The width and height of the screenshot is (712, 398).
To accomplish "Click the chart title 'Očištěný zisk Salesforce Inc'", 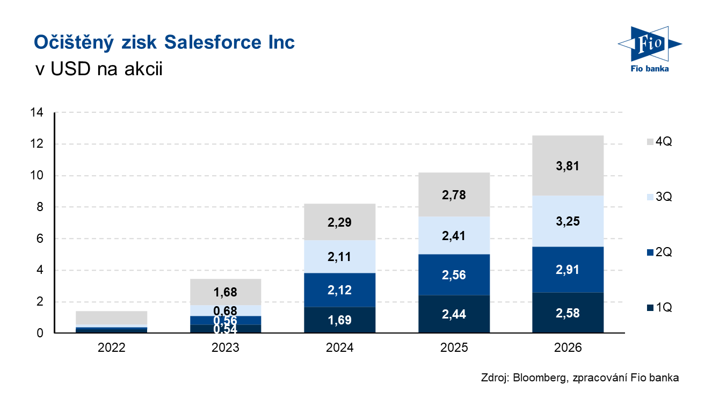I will pos(164,42).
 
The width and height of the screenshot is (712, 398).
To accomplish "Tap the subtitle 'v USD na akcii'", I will pos(98,70).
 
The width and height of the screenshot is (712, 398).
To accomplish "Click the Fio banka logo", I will pos(649,49).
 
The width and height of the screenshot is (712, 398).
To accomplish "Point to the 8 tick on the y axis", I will pos(40,207).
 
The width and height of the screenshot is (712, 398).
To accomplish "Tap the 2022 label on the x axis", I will pos(112,348).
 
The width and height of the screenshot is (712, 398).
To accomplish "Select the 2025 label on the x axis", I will pos(454,348).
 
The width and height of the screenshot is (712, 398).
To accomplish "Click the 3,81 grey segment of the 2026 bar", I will pos(568,165).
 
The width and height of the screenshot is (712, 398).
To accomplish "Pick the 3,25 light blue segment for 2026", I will pos(568,221).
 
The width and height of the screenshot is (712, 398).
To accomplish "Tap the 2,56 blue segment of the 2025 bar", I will pos(454,274).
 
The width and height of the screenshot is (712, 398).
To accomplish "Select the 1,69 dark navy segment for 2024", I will pos(340,320).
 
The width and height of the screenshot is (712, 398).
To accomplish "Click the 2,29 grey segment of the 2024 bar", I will pos(340,222).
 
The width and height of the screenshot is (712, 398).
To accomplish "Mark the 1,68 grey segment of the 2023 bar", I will pos(226,292).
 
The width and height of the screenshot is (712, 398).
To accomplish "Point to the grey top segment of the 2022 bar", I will pos(112,318).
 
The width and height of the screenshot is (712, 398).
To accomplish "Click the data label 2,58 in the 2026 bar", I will pos(568,313).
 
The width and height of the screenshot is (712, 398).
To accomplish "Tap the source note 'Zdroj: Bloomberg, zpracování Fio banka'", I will pos(580,378).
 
